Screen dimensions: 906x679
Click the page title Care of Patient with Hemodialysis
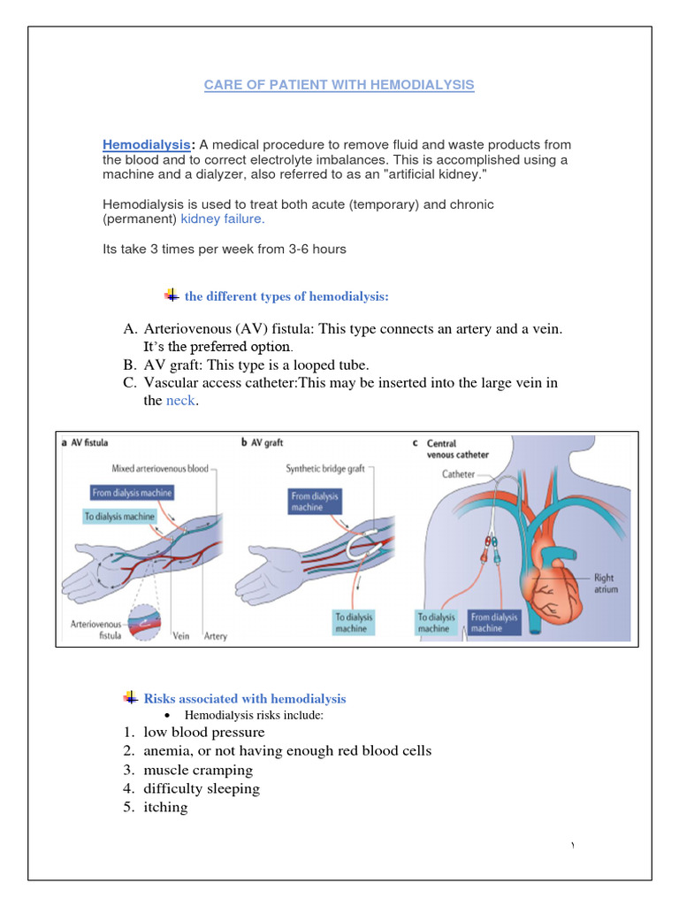[x=339, y=85]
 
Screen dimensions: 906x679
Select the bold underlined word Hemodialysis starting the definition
[x=146, y=144]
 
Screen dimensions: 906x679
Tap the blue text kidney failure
[x=222, y=218]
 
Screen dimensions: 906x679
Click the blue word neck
[x=180, y=401]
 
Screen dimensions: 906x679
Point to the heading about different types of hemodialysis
[x=286, y=296]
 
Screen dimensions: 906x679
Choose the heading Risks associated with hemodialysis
[x=245, y=699]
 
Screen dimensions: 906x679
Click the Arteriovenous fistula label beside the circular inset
[x=96, y=629]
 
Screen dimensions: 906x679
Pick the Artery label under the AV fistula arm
[x=215, y=635]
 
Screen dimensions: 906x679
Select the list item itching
[x=165, y=807]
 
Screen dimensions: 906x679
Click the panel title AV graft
[x=267, y=442]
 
